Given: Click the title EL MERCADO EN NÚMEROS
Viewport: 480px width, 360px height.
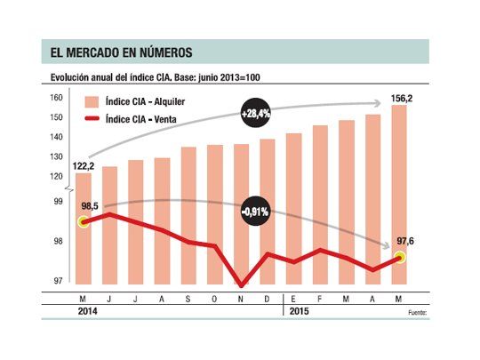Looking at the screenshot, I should coord(116,52).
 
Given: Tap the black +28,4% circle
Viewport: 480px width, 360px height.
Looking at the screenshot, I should coord(255,114).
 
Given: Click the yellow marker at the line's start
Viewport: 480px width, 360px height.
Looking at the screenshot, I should coord(83,221).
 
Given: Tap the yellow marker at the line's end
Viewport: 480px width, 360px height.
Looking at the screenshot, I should coord(399,258).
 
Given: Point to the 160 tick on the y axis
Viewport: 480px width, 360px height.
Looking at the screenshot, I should coord(56,99).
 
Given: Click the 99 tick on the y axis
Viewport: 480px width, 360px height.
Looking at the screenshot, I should coord(59,203).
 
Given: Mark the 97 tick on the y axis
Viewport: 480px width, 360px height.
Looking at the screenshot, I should coord(59,281).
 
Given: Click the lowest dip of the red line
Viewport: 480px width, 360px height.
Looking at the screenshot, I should coord(241,285).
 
